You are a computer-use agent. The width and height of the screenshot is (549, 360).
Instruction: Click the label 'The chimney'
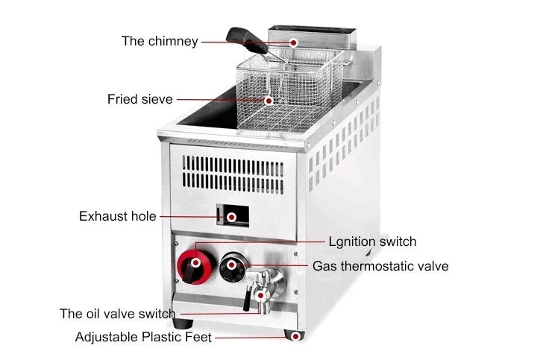coord(160,41)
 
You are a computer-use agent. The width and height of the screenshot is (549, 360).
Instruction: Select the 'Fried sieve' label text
coord(139,98)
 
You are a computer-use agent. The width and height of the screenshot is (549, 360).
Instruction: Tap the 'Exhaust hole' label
coord(118,216)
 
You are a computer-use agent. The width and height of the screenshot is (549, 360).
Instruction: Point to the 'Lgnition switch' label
coord(372,241)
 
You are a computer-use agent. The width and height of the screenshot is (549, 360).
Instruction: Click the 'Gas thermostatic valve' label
coord(380,265)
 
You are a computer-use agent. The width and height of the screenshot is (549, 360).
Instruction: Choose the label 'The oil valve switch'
coord(117,314)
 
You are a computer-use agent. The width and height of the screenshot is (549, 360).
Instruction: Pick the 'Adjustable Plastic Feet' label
coord(143,337)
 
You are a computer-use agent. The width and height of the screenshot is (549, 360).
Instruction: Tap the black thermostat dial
coord(232,265)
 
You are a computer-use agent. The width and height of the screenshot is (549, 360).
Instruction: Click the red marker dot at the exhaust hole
coord(232,217)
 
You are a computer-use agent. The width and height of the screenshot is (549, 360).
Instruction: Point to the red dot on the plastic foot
coord(296,337)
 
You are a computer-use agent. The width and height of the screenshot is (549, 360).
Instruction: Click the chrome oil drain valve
coord(262,287)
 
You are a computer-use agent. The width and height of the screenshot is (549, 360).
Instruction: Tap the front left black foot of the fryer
coord(183,325)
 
